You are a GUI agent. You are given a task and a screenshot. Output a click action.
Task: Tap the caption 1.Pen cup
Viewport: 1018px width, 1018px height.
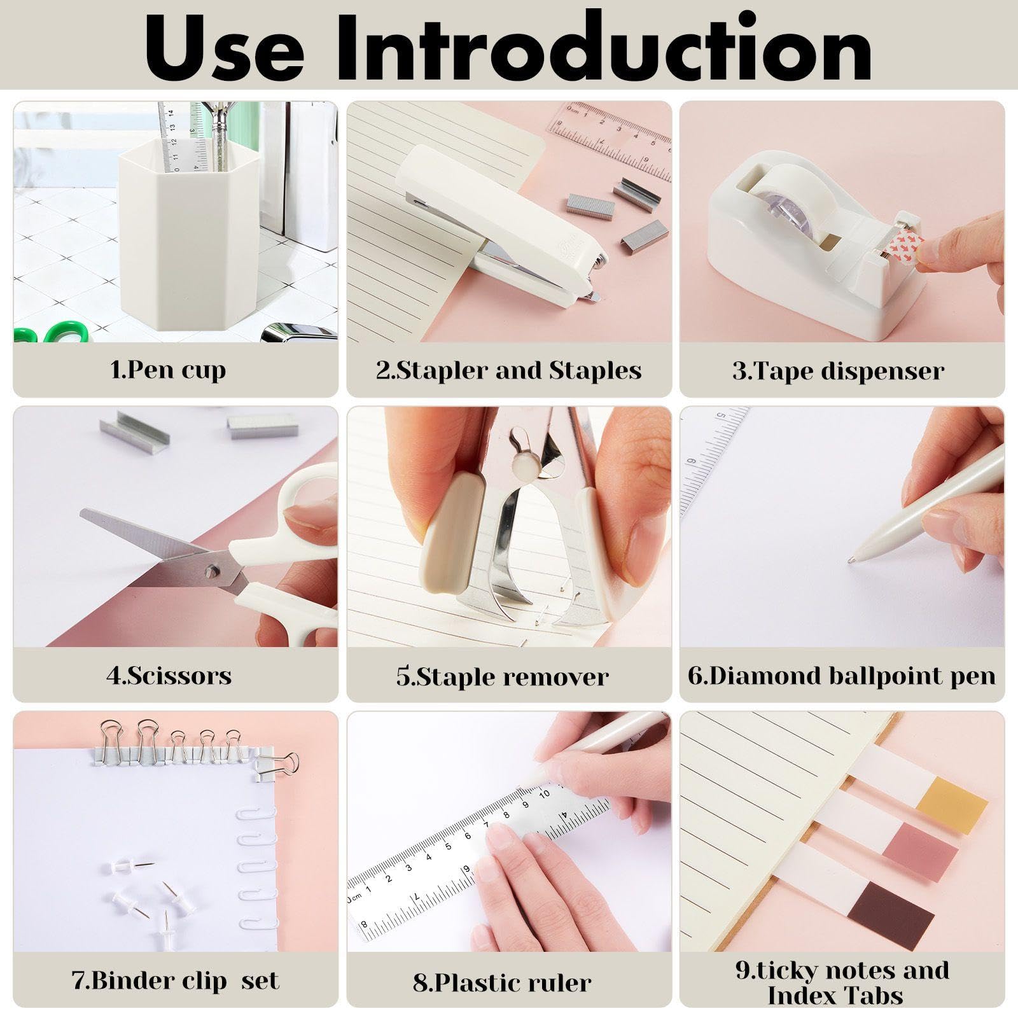168,370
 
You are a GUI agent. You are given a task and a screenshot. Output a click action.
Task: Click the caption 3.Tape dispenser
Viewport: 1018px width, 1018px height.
838,371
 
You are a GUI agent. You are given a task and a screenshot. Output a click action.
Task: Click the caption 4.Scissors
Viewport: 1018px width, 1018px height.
169,675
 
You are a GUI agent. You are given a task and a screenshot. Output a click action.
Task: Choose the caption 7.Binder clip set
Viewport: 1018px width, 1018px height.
176,980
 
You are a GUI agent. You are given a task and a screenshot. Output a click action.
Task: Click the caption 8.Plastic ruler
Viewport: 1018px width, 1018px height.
502,983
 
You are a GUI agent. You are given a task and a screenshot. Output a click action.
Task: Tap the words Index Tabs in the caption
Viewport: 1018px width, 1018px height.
835,996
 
